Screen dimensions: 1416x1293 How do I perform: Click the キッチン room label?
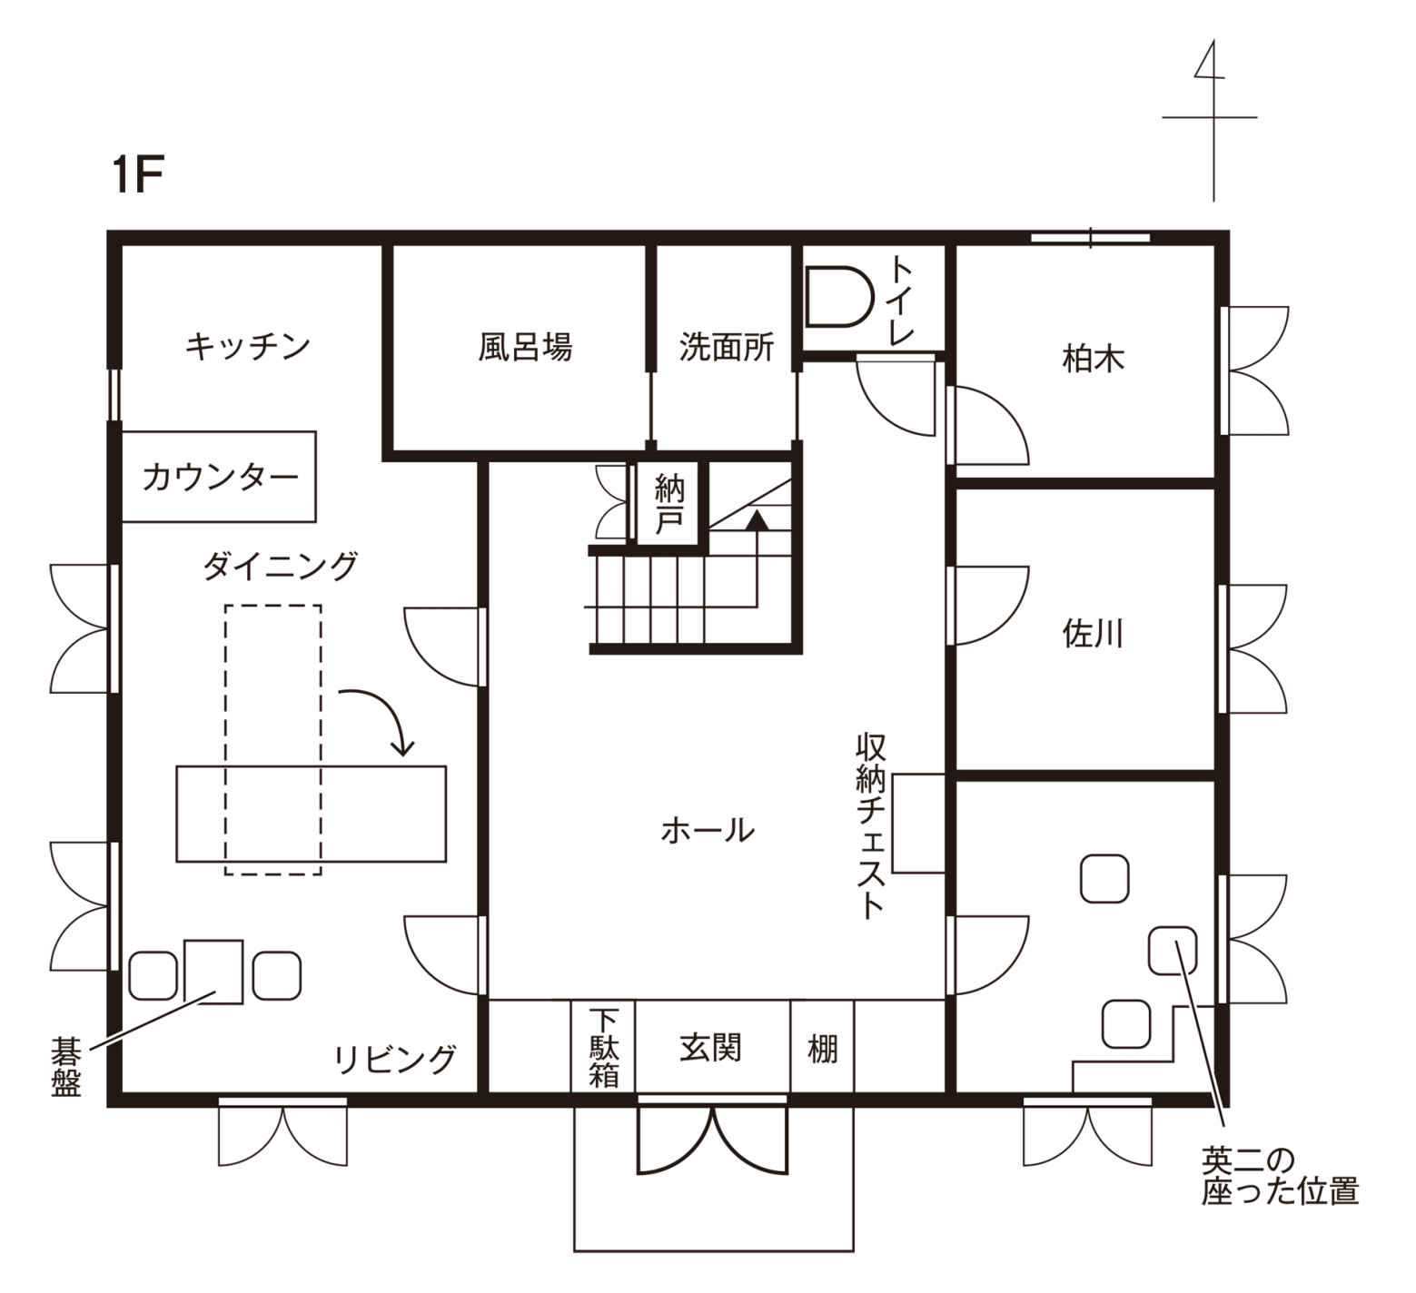coord(247,346)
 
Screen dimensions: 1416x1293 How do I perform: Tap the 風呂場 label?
coord(525,346)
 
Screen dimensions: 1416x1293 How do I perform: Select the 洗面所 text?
coord(727,346)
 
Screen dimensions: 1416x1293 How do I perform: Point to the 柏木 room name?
coord(1093,360)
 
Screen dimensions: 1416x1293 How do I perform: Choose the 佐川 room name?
coord(1093,633)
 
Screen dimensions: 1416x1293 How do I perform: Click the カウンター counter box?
coord(219,476)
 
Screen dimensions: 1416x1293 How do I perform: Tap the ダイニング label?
coord(280,567)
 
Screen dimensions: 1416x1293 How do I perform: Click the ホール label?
coord(708,830)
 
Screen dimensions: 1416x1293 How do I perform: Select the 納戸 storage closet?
coord(670,504)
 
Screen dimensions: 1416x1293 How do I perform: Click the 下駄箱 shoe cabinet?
coord(602,1046)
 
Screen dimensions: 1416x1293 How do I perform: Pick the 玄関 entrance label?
coord(711,1047)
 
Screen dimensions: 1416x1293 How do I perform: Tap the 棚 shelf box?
coord(822,1046)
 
